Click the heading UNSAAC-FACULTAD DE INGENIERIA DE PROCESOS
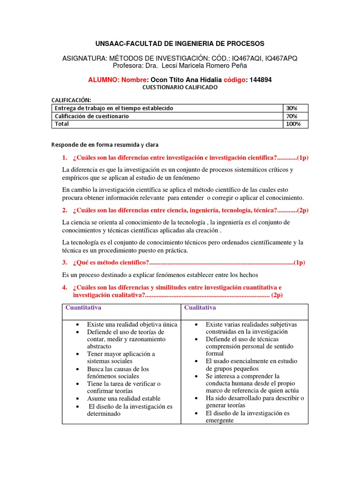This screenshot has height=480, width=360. coord(180,44)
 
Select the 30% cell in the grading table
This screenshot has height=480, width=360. coord(292,108)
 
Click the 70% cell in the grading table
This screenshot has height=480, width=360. coord(292,116)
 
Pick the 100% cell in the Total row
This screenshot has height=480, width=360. coord(293,124)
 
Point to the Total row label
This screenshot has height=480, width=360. coord(62,124)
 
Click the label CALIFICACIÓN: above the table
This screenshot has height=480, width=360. coord(71,99)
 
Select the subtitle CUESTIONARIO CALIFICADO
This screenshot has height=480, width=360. coord(180,88)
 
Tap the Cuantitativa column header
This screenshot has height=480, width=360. coord(83,307)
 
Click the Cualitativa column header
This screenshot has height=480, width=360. coord(200,307)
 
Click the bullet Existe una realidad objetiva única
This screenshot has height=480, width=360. coord(132,324)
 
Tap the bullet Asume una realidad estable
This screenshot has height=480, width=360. coord(124,398)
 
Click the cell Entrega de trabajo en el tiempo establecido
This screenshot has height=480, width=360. coord(114,108)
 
